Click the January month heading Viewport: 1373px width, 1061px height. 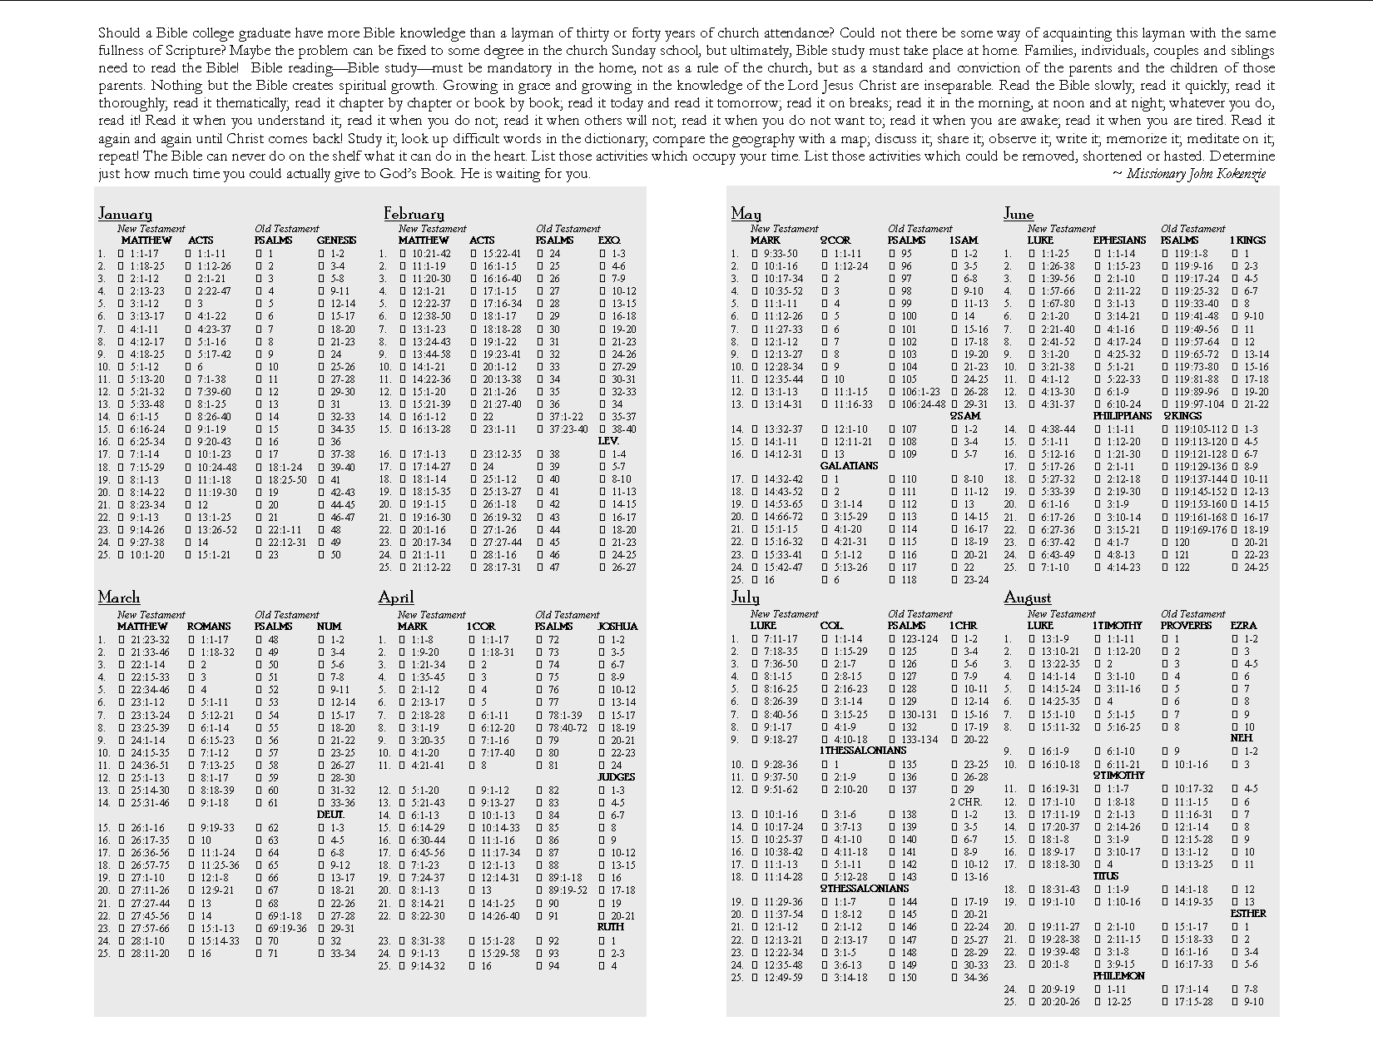point(125,214)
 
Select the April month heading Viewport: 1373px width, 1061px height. point(395,597)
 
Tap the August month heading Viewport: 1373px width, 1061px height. point(1027,597)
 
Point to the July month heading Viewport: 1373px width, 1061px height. point(745,597)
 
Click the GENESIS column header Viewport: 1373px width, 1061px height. point(336,240)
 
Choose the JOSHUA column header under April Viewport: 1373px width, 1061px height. point(617,627)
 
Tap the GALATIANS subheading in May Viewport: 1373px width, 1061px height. point(849,466)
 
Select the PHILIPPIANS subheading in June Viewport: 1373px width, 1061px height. point(1123,416)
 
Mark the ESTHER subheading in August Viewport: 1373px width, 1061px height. point(1248,914)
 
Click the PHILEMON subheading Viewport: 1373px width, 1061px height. point(1118,976)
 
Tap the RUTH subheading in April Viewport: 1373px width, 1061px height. point(610,927)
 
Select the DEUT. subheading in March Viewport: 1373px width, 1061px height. point(330,815)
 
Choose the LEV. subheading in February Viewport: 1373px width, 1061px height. point(608,440)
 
